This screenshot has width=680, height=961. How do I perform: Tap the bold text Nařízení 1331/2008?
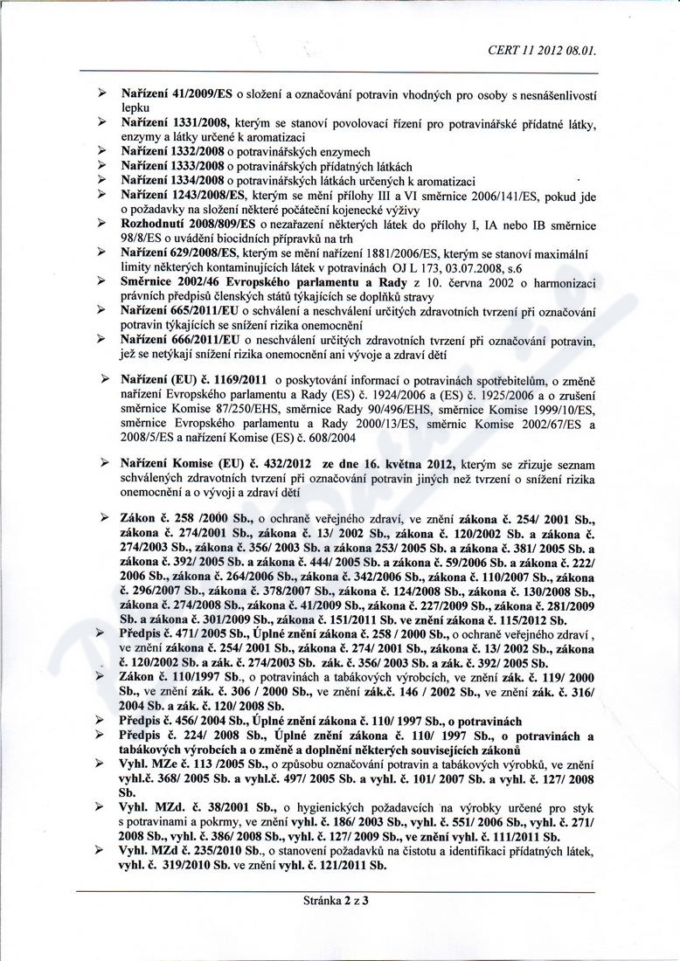(166, 126)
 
